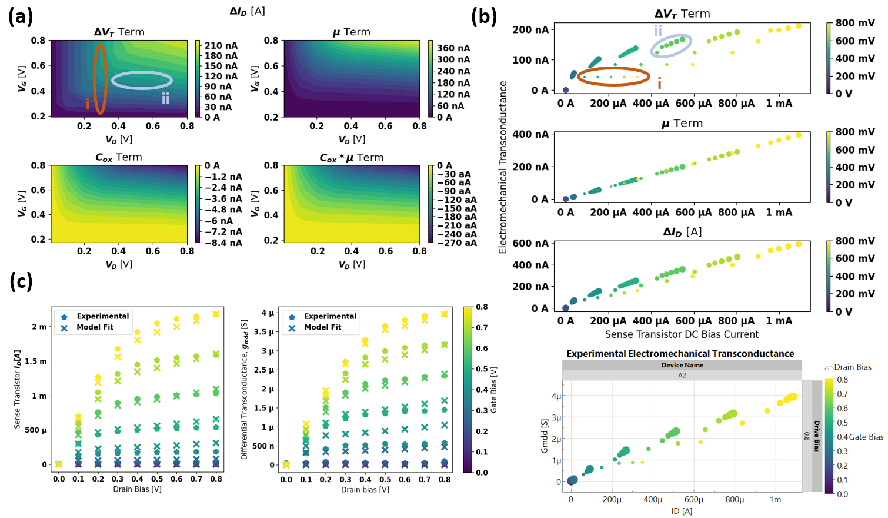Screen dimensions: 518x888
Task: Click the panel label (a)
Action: tap(20, 16)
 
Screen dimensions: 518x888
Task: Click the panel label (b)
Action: tap(483, 16)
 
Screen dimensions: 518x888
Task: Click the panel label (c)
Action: tap(21, 282)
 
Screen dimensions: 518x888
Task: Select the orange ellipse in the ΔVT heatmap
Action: tap(101, 79)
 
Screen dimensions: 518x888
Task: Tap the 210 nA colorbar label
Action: tap(221, 45)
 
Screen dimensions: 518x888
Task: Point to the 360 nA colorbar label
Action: tap(453, 48)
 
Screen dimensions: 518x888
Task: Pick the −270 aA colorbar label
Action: tap(457, 243)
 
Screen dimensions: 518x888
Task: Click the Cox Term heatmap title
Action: tap(119, 157)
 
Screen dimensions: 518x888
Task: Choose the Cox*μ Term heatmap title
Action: tap(351, 158)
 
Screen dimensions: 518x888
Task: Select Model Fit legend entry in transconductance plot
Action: tap(322, 327)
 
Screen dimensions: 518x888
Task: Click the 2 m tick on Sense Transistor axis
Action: tap(39, 327)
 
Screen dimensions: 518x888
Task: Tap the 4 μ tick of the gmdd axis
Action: tap(268, 313)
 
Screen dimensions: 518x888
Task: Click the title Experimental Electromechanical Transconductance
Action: tap(680, 353)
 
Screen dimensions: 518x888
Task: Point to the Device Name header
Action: tap(682, 365)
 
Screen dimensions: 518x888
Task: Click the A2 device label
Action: tap(682, 375)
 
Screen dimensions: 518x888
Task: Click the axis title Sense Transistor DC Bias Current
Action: tap(682, 334)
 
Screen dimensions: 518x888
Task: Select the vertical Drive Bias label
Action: tap(816, 436)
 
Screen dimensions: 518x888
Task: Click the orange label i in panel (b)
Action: tap(659, 84)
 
